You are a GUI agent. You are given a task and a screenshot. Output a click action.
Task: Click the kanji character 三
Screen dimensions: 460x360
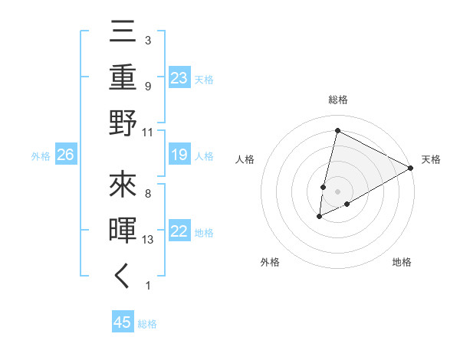point(123,34)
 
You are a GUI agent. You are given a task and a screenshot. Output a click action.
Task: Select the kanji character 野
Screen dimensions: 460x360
point(123,123)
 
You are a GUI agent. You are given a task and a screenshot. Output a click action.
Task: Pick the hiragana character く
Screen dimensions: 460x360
point(123,276)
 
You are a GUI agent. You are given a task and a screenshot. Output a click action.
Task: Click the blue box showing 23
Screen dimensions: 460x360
point(179,78)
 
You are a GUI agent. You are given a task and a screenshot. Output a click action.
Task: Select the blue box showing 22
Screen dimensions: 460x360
point(179,231)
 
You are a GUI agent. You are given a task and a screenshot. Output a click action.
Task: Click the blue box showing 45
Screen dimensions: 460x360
point(123,322)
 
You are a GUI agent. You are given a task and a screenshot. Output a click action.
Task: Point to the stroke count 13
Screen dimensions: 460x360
point(149,240)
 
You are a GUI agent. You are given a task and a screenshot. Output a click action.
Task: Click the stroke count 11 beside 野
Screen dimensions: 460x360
point(148,133)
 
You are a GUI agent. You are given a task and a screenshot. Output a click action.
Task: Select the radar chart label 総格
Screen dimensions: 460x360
point(337,100)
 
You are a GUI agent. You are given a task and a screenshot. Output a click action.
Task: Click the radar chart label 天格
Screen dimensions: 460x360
point(431,159)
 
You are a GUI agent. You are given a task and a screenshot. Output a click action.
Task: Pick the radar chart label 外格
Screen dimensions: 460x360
point(270,263)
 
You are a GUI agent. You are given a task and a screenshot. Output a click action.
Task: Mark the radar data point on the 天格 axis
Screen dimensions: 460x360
point(411,168)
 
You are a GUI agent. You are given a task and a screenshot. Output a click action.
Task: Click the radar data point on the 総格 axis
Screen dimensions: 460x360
point(337,131)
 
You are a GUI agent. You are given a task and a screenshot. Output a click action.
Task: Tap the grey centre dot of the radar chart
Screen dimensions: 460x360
point(337,191)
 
